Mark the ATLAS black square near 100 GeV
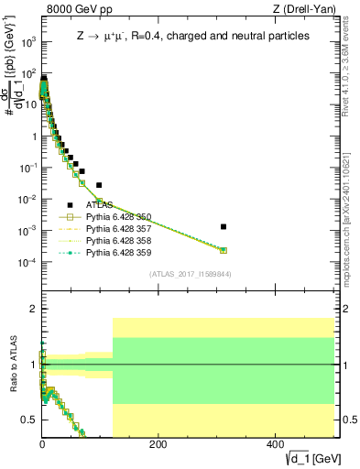click(x=99, y=185)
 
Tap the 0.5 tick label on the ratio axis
click(x=30, y=420)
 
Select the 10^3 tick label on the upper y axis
click(x=27, y=42)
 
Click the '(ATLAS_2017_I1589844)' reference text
click(x=191, y=274)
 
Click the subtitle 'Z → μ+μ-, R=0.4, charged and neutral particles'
click(x=193, y=36)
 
